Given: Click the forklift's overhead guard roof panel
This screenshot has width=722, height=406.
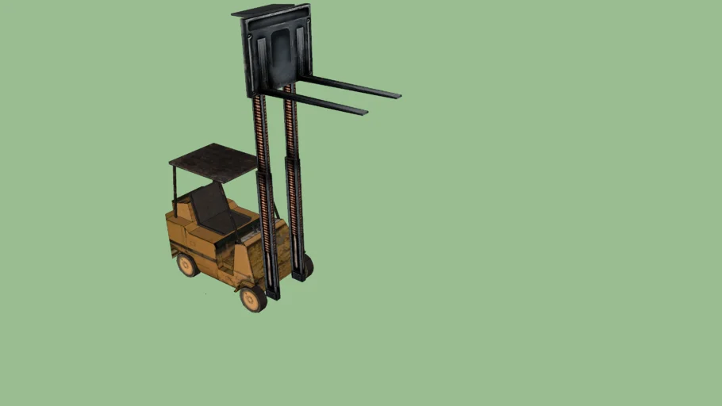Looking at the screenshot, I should [213, 162].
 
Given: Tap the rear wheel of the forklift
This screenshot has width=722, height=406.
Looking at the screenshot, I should [187, 264].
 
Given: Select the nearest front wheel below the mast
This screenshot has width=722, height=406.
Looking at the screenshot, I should [253, 297].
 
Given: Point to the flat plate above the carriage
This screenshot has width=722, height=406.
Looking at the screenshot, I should [262, 10].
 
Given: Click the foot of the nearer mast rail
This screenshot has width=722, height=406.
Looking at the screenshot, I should [272, 294].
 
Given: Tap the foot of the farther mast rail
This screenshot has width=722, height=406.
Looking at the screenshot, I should [299, 276].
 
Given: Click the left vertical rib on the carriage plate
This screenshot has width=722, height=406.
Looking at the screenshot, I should [260, 56].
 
